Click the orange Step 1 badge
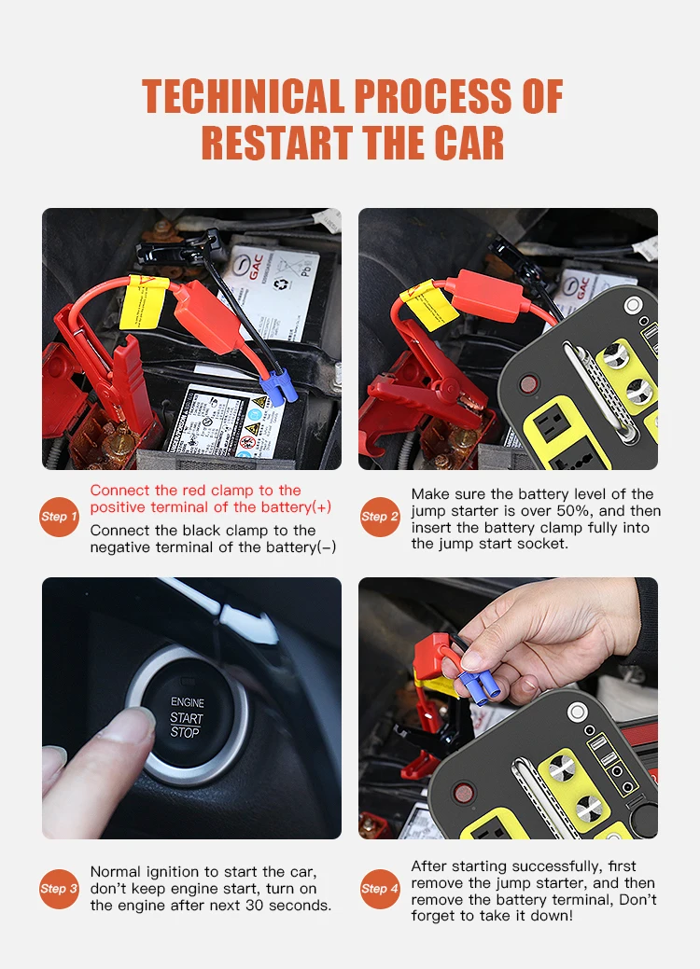[x=60, y=517]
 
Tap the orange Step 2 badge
[x=380, y=517]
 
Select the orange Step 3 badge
[x=60, y=889]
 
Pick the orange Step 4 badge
[x=380, y=889]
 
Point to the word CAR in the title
[x=469, y=143]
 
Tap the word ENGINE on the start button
[x=188, y=702]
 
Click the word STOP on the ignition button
[x=185, y=733]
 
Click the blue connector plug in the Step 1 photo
[x=277, y=387]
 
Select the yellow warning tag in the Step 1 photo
[x=143, y=302]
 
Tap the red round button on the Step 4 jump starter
[x=463, y=792]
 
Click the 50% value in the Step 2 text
[x=579, y=511]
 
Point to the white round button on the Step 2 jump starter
[x=633, y=305]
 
